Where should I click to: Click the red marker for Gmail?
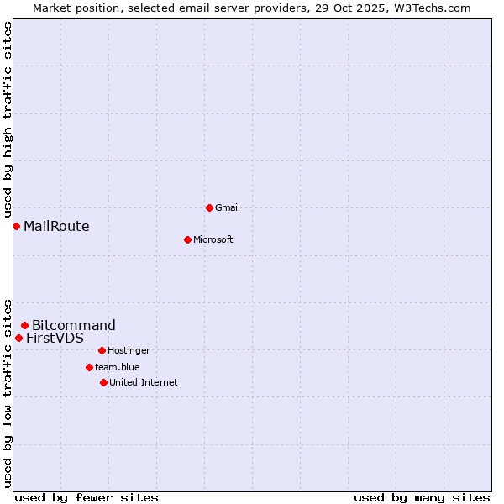[x=209, y=207]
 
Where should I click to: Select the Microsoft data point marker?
[x=187, y=239]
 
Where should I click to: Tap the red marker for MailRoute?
[x=16, y=226]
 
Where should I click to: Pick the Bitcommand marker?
[x=24, y=325]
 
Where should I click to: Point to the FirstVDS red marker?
[x=18, y=338]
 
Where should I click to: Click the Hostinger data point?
[x=102, y=350]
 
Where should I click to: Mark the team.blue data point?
[x=89, y=367]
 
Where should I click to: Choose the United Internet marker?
[x=103, y=382]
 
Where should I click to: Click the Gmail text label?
[x=228, y=207]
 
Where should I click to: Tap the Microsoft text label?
[x=213, y=239]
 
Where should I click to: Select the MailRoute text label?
[x=56, y=226]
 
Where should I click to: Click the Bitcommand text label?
[x=74, y=325]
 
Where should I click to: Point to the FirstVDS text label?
[x=55, y=338]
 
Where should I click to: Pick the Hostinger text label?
[x=129, y=350]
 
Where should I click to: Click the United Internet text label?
[x=143, y=382]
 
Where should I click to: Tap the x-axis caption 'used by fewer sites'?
[x=87, y=497]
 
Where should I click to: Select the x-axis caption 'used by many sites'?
[x=422, y=497]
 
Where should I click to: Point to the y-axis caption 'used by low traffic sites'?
[x=8, y=392]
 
